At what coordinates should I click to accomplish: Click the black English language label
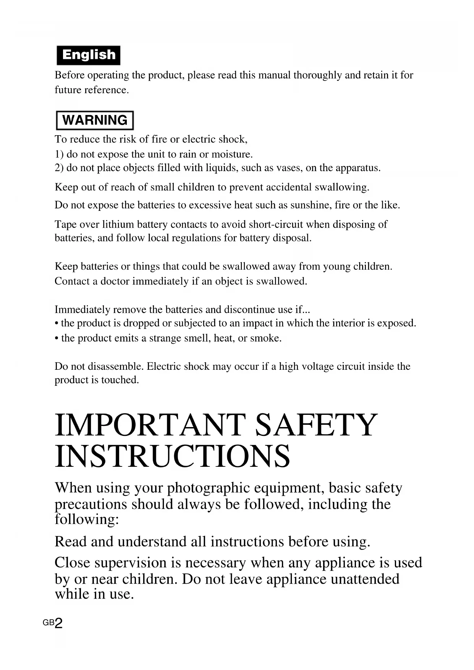[x=88, y=55]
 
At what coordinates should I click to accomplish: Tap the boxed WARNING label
[x=95, y=120]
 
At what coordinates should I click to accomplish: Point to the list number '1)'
[x=59, y=154]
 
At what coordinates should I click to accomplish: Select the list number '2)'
[x=59, y=168]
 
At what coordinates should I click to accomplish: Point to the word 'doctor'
[x=115, y=281]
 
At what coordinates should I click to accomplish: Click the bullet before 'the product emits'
[x=57, y=338]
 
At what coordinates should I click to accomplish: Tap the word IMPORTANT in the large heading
[x=150, y=425]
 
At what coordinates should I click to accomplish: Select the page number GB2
[x=53, y=623]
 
